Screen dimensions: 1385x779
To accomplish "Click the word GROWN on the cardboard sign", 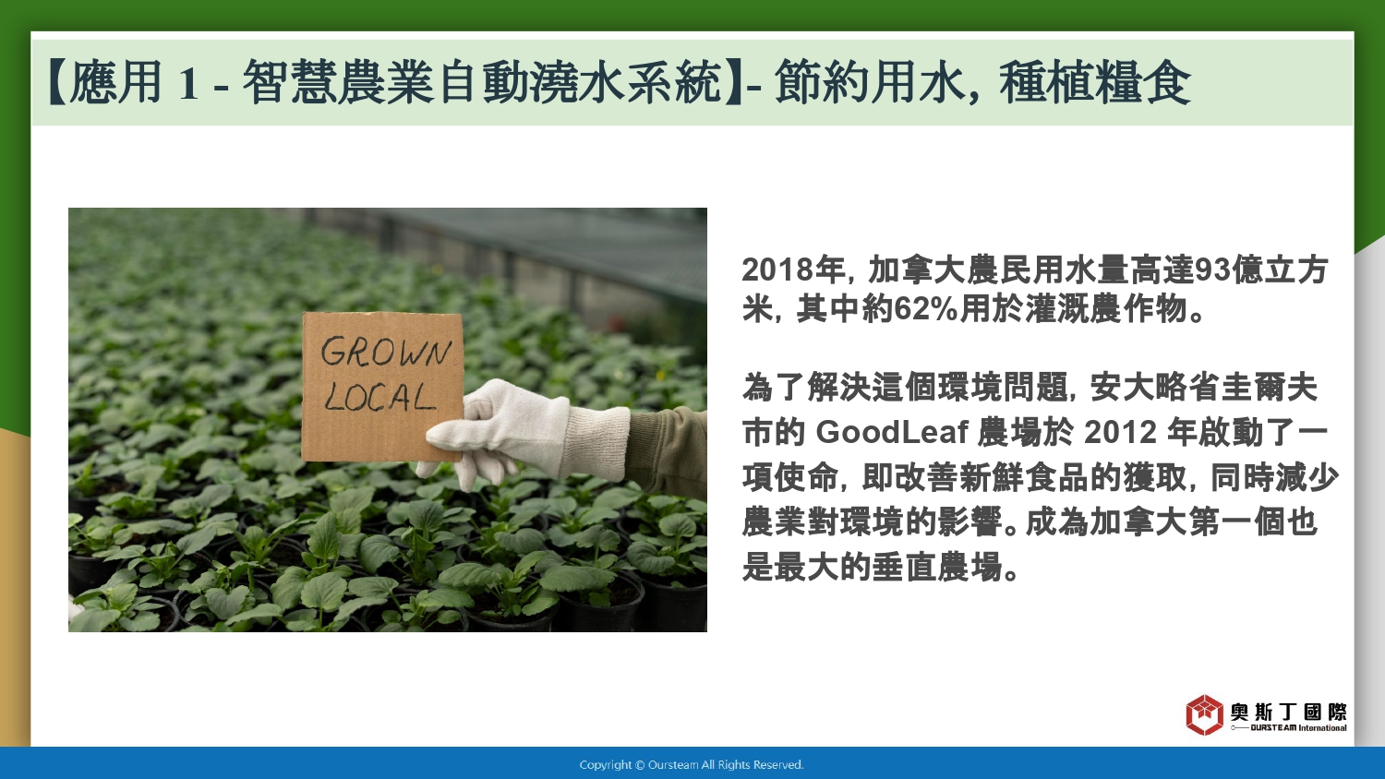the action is click(386, 353).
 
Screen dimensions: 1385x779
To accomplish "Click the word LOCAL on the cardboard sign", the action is click(379, 397).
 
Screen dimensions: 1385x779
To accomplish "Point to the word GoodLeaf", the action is click(892, 432).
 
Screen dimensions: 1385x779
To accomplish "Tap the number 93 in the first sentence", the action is click(1212, 270).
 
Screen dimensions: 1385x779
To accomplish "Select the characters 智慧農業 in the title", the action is click(338, 82).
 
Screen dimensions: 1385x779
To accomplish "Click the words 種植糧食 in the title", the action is click(1095, 82).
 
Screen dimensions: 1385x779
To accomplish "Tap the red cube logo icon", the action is click(1204, 714).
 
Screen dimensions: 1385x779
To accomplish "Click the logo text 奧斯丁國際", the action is click(1289, 712).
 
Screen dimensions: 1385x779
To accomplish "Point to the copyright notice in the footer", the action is click(692, 765).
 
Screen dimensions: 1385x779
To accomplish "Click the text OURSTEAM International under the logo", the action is click(1298, 727).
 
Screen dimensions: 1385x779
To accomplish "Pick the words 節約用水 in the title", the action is click(869, 82).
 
